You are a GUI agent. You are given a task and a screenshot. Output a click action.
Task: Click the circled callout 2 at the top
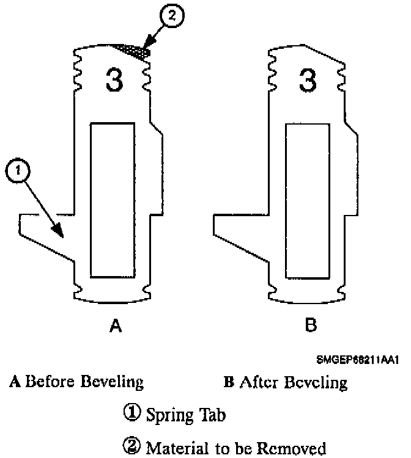coord(172,17)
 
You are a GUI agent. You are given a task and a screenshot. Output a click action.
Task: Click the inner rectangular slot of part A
coord(113,199)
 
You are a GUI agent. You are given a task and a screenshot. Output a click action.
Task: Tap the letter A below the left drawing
coord(114,327)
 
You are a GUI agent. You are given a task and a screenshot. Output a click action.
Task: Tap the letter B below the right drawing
coord(310,327)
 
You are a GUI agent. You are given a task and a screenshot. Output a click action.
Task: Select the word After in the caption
coord(260,383)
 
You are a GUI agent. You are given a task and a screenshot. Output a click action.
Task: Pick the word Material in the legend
coord(172,448)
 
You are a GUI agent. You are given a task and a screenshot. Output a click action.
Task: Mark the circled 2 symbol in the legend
coord(134,448)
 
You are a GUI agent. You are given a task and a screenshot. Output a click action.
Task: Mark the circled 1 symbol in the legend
coord(134,415)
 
